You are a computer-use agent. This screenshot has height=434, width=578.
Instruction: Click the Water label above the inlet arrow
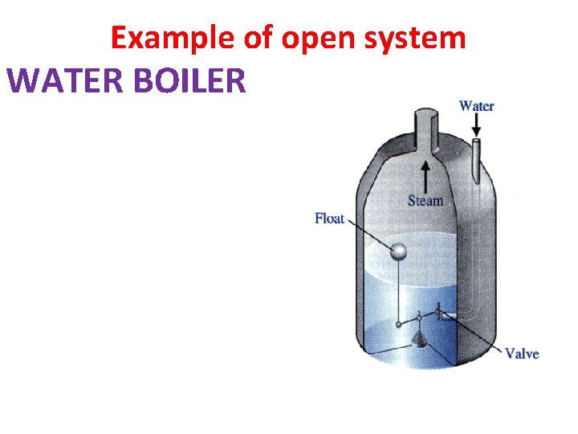(x=476, y=105)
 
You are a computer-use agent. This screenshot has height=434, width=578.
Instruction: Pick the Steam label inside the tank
(x=425, y=200)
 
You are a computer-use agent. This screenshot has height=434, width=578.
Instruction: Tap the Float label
(x=329, y=219)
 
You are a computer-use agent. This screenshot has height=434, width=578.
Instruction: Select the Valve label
(x=522, y=354)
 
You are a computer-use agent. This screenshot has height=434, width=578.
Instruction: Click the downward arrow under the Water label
(x=476, y=125)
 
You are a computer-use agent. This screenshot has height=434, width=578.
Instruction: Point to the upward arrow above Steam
(x=425, y=174)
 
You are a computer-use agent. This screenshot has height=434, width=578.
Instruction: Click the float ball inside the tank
(x=398, y=252)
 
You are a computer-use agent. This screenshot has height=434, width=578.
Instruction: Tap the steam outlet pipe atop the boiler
(x=425, y=129)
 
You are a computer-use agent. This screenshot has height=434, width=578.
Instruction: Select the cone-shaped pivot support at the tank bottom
(x=418, y=341)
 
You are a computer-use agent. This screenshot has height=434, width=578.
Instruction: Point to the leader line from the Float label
(x=368, y=234)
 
